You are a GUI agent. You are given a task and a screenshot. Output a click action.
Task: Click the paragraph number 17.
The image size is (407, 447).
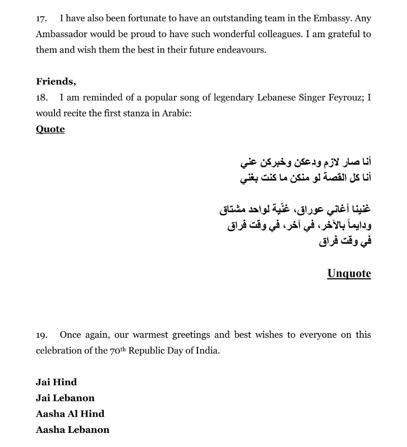coord(41,19)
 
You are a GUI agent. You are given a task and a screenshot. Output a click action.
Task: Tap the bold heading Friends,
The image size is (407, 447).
coord(56,81)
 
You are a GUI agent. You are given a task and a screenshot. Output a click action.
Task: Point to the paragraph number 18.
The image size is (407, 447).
coord(41,97)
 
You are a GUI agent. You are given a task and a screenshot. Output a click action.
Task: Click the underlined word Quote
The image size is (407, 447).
coord(50,129)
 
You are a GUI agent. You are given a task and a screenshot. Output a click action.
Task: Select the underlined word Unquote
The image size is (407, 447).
coord(349,274)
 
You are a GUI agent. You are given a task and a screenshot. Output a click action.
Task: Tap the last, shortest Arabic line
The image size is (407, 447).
coord(345,241)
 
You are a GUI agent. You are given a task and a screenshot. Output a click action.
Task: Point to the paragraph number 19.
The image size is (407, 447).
coord(41,335)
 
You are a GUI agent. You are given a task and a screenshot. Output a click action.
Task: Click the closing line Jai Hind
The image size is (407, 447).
coord(56,382)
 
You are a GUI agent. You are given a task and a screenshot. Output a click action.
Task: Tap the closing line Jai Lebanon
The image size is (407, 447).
coord(65,398)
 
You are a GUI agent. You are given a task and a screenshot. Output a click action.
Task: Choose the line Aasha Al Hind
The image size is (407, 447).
coord(70,413)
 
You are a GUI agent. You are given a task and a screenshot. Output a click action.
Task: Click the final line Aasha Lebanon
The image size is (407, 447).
coord(72,429)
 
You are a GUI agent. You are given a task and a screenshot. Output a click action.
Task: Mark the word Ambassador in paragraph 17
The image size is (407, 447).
coord(61,35)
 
